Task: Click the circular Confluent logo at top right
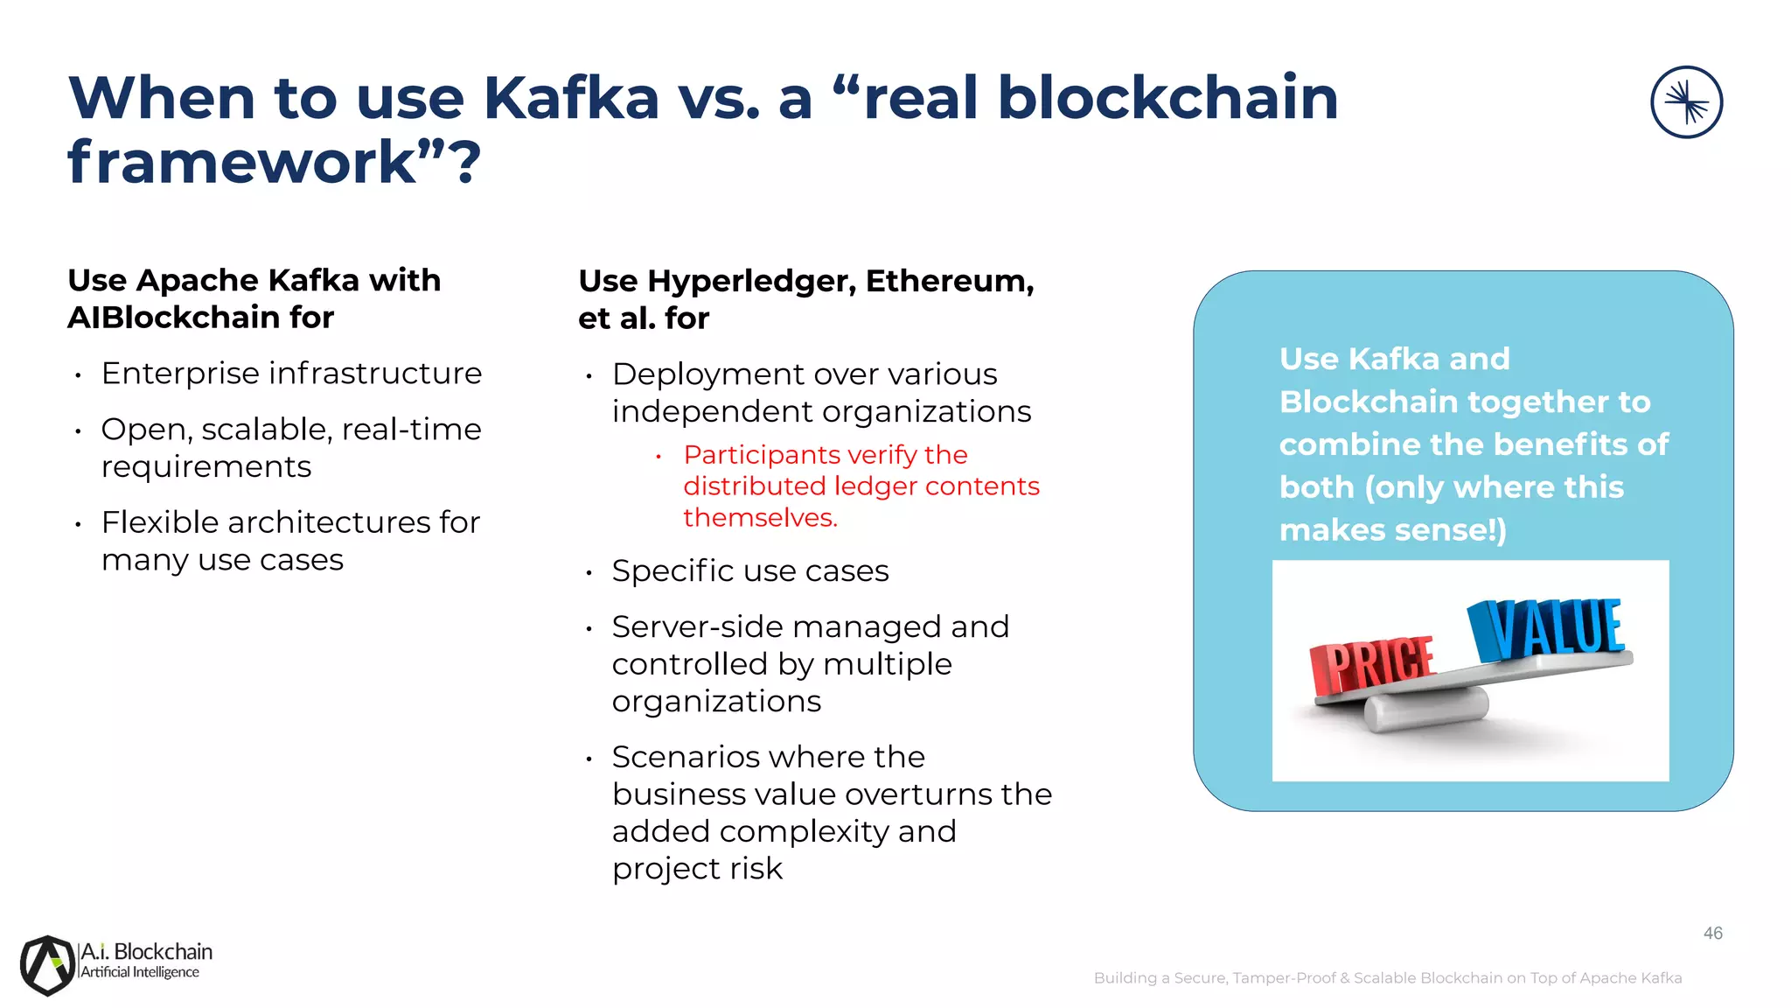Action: (1686, 102)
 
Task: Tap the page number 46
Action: (1712, 934)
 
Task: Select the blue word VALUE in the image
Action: (1548, 628)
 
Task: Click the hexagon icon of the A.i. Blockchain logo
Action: (48, 965)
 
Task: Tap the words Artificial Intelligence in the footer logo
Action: (140, 973)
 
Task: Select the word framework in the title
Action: (241, 163)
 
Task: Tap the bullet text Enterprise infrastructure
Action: (291, 374)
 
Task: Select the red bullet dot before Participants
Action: (659, 456)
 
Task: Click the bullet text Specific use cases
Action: (749, 571)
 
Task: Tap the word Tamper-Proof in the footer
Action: (1283, 978)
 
